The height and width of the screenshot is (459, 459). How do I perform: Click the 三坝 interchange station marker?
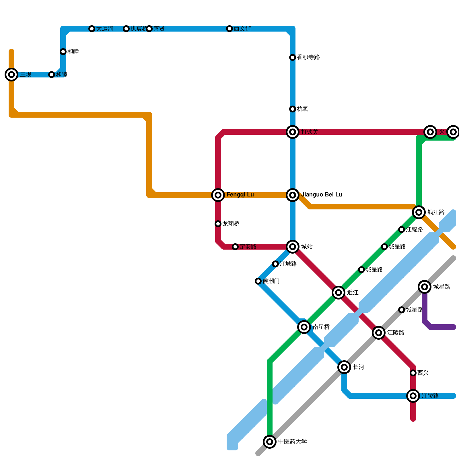pos(11,75)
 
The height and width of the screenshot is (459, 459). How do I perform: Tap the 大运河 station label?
pos(104,29)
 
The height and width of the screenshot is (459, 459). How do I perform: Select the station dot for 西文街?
pos(229,29)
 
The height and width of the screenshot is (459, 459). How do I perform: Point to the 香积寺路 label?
pos(308,57)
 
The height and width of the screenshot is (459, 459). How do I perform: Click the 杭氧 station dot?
pos(293,109)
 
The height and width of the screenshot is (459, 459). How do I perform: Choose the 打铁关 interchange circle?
pos(293,132)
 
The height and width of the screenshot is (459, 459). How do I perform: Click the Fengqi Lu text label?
pos(240,195)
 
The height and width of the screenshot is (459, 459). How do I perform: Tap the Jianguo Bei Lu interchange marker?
pos(293,195)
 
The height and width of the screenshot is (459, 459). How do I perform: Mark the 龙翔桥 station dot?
pos(218,224)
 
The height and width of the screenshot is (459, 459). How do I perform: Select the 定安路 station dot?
pos(235,247)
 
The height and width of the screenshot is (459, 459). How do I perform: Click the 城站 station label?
pos(307,247)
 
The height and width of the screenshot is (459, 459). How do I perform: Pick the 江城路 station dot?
pos(275,264)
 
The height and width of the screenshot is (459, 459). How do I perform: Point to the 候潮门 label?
pos(271,281)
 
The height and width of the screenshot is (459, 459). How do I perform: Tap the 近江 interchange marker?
pos(339,293)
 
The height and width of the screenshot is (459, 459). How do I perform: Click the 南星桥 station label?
pos(321,327)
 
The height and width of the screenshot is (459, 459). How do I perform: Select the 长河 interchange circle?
pos(344,367)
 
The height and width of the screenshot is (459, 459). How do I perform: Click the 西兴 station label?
pos(423,373)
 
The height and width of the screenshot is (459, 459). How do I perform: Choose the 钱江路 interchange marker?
pos(419,212)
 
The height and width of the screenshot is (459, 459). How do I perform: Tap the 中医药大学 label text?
pos(293,442)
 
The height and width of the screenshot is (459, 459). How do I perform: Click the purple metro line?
pos(442,327)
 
